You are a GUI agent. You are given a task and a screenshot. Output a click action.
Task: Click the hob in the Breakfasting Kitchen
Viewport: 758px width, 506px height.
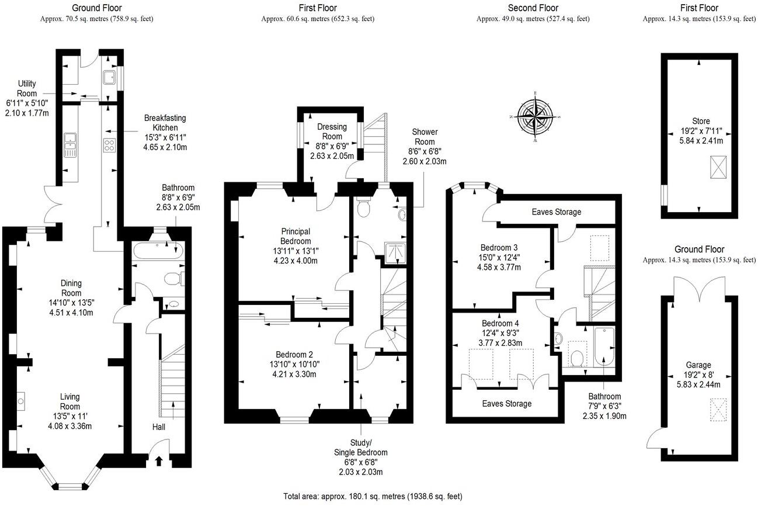[x=109, y=145]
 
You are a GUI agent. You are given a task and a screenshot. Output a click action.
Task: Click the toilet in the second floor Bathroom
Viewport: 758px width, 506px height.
[x=578, y=357]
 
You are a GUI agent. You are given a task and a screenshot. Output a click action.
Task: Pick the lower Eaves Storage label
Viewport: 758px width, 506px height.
[x=506, y=404]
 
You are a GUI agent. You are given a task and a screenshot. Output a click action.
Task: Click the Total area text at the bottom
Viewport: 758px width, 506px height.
[x=373, y=497]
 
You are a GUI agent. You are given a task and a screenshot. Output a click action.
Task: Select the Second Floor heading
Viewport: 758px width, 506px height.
[x=533, y=8]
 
